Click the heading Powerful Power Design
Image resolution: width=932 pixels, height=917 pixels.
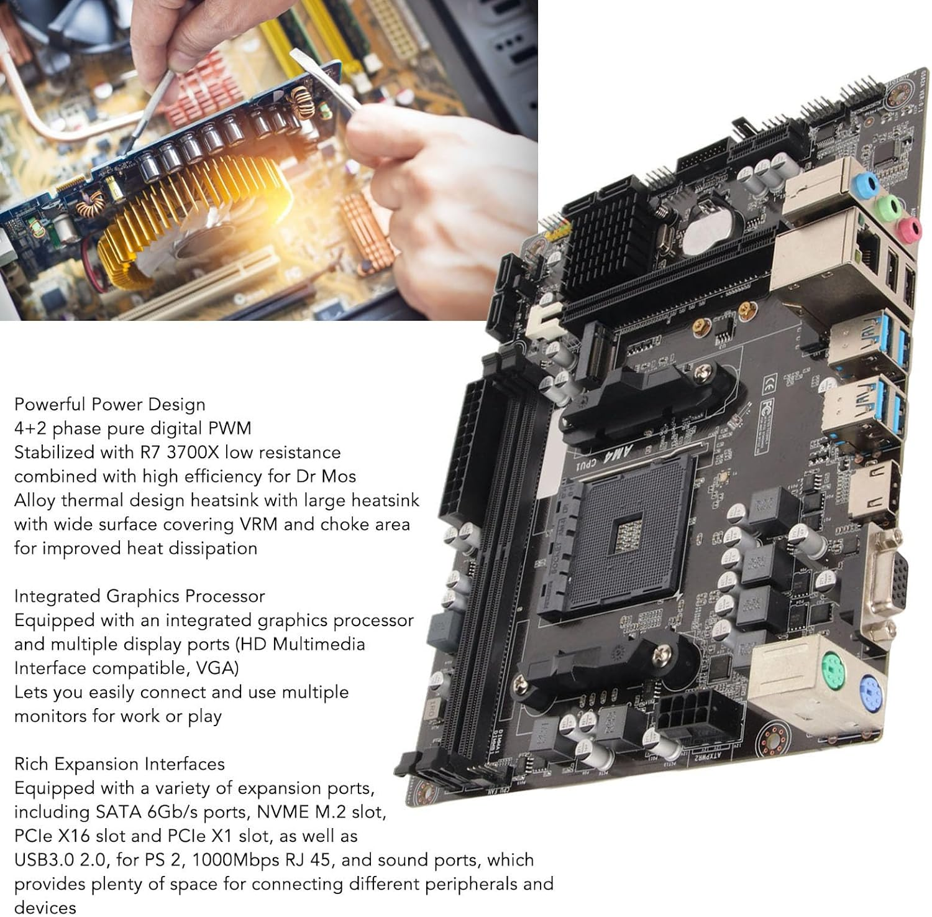tap(109, 405)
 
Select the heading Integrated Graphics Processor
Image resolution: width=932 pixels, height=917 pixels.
tap(139, 596)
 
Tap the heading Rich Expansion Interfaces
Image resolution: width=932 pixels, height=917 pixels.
tap(119, 764)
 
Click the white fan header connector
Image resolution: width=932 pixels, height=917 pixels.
tap(546, 322)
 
